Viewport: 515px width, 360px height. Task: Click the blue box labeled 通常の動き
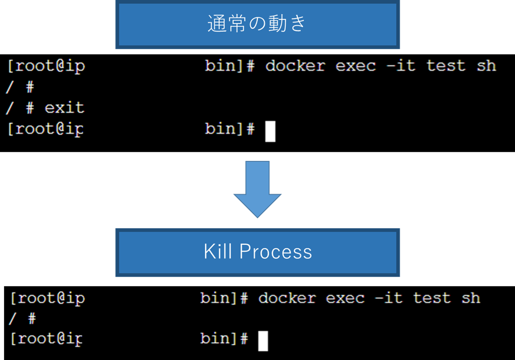pyautogui.click(x=257, y=24)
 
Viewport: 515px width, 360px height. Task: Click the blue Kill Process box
pyautogui.click(x=257, y=252)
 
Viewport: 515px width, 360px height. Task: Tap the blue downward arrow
pyautogui.click(x=257, y=190)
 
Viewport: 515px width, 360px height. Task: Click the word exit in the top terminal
pyautogui.click(x=64, y=108)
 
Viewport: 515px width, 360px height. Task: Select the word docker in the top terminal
pyautogui.click(x=295, y=66)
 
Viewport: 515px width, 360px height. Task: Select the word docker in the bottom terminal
pyautogui.click(x=287, y=298)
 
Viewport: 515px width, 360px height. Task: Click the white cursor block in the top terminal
pyautogui.click(x=270, y=131)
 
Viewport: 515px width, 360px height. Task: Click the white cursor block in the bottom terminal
pyautogui.click(x=263, y=340)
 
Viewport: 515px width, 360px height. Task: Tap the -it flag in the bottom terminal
pyautogui.click(x=389, y=298)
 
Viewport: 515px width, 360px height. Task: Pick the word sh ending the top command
pyautogui.click(x=486, y=66)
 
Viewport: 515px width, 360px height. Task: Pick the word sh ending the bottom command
pyautogui.click(x=471, y=298)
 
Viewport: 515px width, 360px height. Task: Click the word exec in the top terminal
pyautogui.click(x=356, y=66)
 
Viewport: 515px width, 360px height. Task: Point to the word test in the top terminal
pyautogui.click(x=446, y=66)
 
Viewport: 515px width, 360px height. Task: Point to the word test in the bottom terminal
pyautogui.click(x=432, y=298)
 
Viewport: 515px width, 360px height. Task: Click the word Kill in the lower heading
pyautogui.click(x=218, y=252)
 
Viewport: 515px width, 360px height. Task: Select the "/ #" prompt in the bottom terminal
pyautogui.click(x=23, y=318)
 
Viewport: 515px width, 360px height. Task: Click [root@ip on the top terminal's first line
pyautogui.click(x=46, y=66)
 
